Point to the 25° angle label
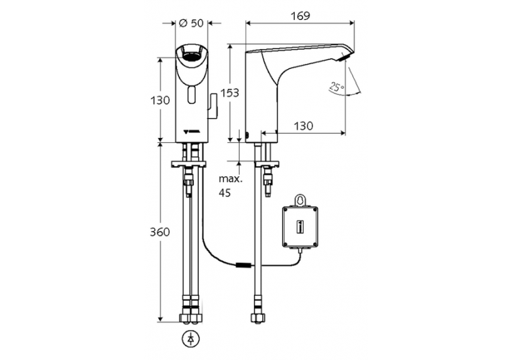[335, 87]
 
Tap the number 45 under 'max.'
[225, 193]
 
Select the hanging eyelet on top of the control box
[299, 201]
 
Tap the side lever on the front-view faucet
[213, 105]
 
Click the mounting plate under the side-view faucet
[263, 165]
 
